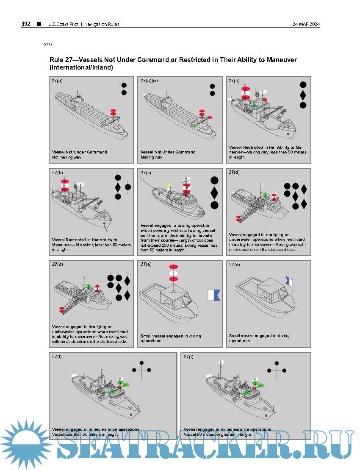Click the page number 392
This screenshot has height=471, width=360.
click(x=26, y=24)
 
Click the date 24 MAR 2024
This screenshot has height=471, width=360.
click(x=306, y=24)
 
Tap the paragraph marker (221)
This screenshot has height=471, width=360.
click(x=47, y=44)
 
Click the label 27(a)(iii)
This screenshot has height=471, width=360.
click(x=149, y=81)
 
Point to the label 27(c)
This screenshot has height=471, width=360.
click(x=146, y=173)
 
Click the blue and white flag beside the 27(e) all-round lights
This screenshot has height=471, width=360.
click(x=214, y=296)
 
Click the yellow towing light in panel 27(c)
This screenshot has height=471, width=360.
click(x=169, y=186)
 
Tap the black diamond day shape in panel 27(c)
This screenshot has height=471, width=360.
click(x=214, y=192)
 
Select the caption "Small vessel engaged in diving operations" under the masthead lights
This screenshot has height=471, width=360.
click(x=171, y=338)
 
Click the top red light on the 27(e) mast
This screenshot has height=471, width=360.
click(x=173, y=267)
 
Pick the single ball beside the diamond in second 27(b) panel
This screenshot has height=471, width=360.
click(x=128, y=187)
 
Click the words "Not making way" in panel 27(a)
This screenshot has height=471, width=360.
click(x=66, y=157)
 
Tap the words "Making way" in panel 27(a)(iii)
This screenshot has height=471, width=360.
click(x=151, y=157)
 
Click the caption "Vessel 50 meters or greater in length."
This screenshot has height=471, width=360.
click(x=218, y=435)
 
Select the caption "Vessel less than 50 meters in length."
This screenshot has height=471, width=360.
click(x=85, y=435)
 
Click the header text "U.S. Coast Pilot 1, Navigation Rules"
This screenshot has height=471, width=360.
click(x=84, y=24)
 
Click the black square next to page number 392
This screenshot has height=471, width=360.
click(x=39, y=24)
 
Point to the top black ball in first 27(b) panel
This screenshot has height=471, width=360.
click(x=303, y=85)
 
